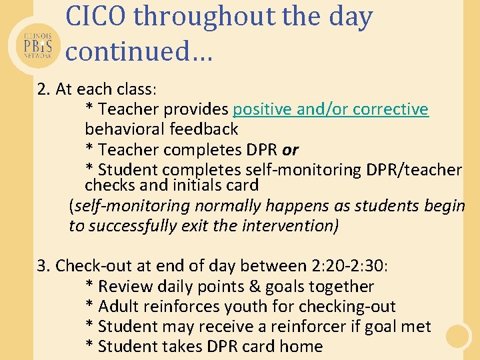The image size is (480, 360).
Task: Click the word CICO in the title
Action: pos(96,18)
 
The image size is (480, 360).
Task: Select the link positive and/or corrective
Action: pos(331,109)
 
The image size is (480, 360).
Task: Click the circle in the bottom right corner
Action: pos(458,337)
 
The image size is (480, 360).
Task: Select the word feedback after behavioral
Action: pos(203,129)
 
